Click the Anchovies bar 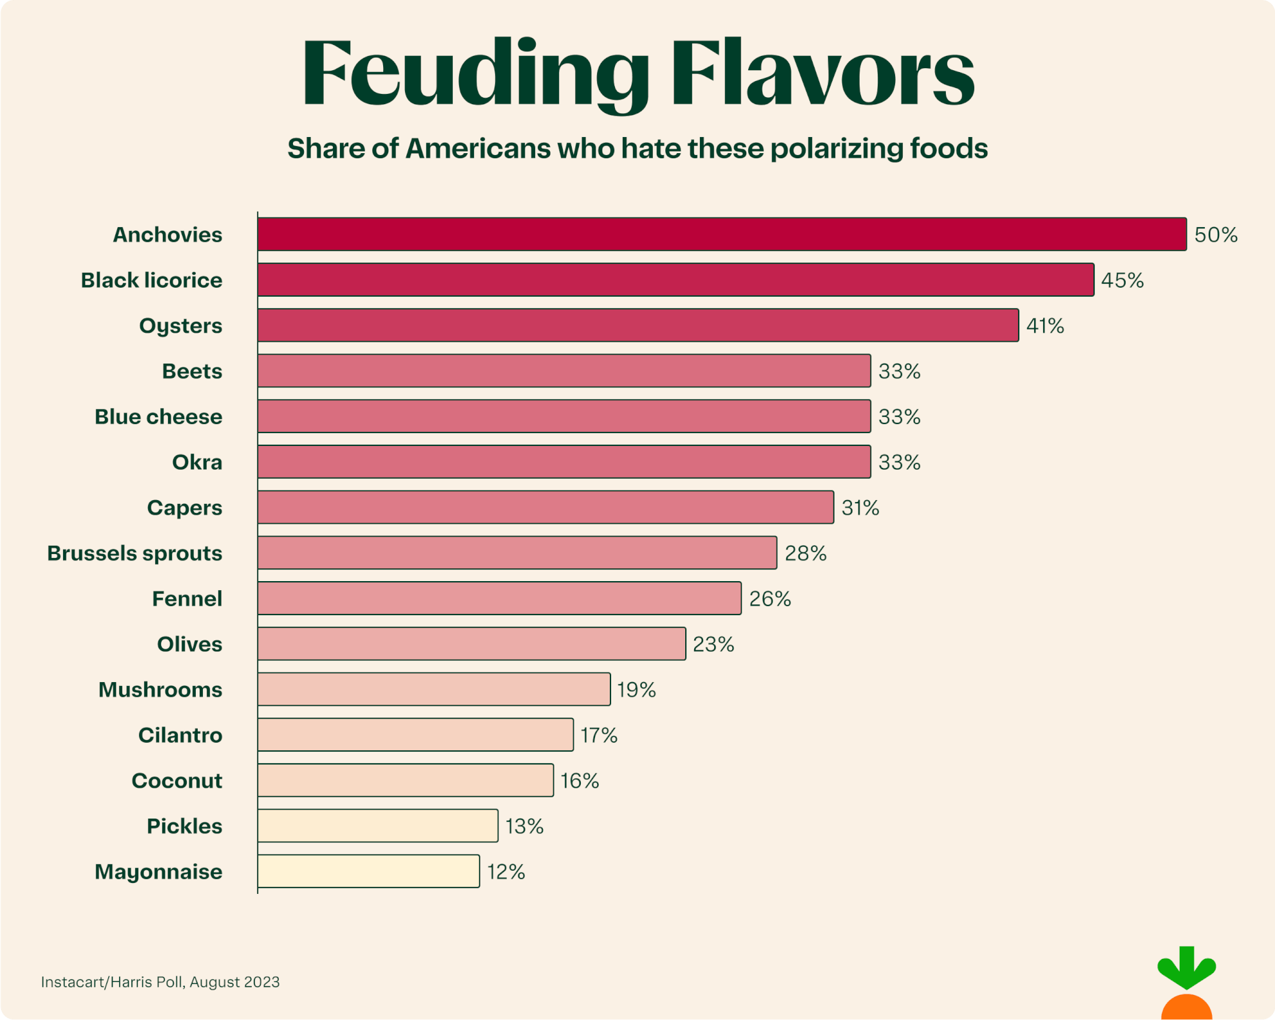point(721,234)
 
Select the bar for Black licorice point(675,280)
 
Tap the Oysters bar point(637,325)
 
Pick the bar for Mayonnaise point(368,871)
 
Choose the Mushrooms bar point(433,689)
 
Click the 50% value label point(1216,235)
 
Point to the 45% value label point(1122,281)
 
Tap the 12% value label point(506,872)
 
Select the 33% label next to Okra point(900,462)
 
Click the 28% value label point(806,553)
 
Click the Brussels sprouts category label point(135,553)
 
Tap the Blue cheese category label point(158,417)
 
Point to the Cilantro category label point(180,735)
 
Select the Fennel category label point(187,598)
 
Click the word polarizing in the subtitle point(835,149)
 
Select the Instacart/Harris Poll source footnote point(160,982)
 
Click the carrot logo point(1186,985)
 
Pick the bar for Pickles point(377,826)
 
